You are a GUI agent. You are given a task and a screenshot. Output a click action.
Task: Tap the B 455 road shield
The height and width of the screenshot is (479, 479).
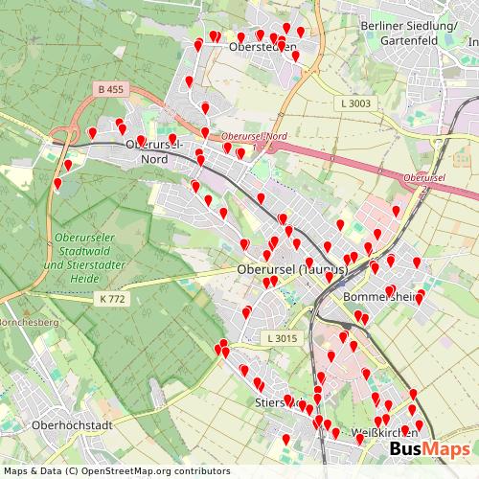coord(111,89)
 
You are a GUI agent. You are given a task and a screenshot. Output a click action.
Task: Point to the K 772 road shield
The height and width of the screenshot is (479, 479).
coord(112,299)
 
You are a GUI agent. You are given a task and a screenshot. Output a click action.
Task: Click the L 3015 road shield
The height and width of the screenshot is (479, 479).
coord(283,338)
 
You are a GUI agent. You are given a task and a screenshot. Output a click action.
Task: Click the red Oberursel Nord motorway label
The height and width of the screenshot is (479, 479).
coord(254,137)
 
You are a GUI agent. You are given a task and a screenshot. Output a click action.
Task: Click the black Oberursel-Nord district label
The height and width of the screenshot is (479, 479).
coord(153,151)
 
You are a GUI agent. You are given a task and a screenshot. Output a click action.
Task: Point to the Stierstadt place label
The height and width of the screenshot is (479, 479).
coord(279,403)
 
